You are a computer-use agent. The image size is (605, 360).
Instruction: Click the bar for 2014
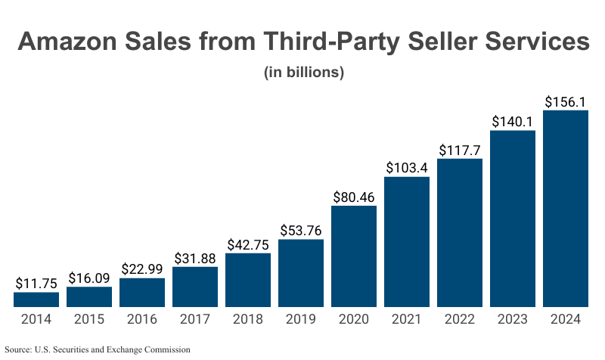click(x=36, y=299)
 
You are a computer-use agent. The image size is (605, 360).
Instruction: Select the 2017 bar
click(x=195, y=287)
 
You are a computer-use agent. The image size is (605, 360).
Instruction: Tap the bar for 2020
click(x=354, y=256)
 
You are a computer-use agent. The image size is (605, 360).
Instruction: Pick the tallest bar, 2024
click(x=566, y=209)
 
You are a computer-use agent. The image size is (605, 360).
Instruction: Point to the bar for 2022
click(x=460, y=233)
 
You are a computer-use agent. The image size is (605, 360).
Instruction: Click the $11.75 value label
click(x=36, y=283)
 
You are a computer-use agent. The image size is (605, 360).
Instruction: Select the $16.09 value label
click(x=89, y=278)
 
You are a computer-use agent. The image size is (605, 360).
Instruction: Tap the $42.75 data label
click(x=248, y=244)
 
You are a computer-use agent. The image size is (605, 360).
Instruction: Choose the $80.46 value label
click(x=354, y=197)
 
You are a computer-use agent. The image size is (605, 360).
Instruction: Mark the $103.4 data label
click(x=407, y=167)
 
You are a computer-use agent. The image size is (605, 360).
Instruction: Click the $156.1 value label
click(x=566, y=101)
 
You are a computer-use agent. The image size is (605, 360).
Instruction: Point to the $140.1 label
click(x=513, y=121)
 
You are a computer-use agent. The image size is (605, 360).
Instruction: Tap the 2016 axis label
click(x=142, y=319)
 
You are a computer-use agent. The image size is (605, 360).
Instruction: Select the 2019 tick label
click(x=301, y=319)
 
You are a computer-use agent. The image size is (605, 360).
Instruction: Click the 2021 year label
click(x=407, y=319)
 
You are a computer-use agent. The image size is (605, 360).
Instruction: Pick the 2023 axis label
click(x=513, y=319)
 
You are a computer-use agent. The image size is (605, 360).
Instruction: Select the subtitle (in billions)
click(x=304, y=73)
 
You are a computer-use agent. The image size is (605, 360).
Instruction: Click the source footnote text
click(x=98, y=349)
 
